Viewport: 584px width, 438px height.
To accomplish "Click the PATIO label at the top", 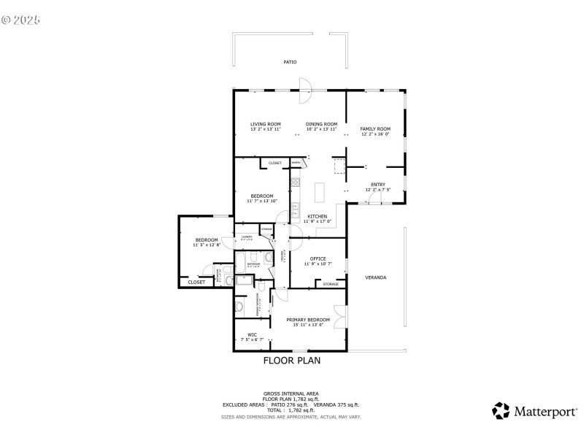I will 290,62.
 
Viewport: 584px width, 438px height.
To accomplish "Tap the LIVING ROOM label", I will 266,124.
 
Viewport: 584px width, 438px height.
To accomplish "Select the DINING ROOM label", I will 321,124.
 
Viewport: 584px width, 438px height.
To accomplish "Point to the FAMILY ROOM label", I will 375,128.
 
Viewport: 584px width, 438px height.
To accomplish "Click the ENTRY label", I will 377,184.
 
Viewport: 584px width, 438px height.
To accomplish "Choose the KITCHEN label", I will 317,216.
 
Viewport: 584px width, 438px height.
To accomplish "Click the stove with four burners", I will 296,182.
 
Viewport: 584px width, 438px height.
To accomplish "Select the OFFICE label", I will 318,258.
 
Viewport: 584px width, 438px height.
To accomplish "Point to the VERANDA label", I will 376,278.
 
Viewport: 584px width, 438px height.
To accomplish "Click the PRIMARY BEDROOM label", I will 307,320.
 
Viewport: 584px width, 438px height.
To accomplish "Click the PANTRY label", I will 296,162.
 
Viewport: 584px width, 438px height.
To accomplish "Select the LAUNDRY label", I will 247,237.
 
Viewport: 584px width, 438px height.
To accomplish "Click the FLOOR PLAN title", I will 291,360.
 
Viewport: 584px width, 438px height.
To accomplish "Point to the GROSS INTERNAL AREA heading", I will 291,393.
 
